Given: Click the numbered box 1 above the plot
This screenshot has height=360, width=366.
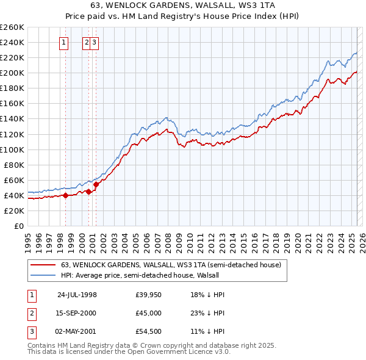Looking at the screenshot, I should click(65, 42).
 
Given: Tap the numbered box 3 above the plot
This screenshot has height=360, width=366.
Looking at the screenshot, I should click(96, 42).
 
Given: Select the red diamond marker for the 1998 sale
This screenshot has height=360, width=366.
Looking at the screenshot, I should click(66, 196).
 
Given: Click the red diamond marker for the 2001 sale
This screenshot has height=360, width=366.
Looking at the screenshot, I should click(96, 184).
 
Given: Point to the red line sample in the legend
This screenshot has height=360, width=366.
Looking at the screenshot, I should click(42, 265).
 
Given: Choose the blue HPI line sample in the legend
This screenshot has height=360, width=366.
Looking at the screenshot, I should click(42, 275).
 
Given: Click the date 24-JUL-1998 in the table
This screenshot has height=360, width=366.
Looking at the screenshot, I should click(77, 295).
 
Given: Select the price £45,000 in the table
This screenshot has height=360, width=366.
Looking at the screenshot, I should click(148, 312).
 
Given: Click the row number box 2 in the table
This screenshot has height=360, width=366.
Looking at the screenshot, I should click(32, 312).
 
